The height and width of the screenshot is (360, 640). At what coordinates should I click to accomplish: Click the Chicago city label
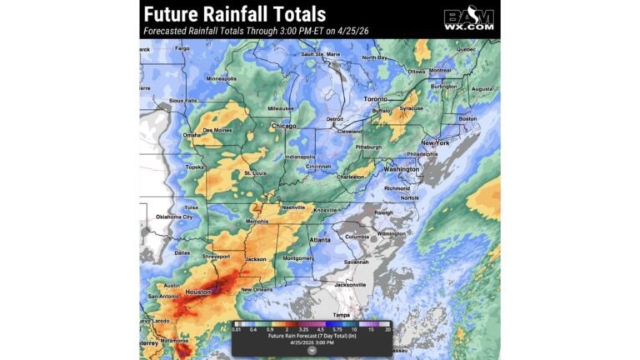(x=283, y=127)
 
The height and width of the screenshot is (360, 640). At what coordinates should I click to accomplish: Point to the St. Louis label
(x=255, y=173)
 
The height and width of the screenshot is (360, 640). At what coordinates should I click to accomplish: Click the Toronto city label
(x=376, y=99)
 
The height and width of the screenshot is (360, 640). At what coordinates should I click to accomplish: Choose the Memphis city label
(x=257, y=222)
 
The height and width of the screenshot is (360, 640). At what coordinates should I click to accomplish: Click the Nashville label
(x=293, y=207)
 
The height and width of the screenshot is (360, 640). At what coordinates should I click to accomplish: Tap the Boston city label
(x=467, y=118)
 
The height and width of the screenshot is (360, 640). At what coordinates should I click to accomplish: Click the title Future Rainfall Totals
(x=234, y=14)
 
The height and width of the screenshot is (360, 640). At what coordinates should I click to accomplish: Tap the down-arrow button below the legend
(x=311, y=350)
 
